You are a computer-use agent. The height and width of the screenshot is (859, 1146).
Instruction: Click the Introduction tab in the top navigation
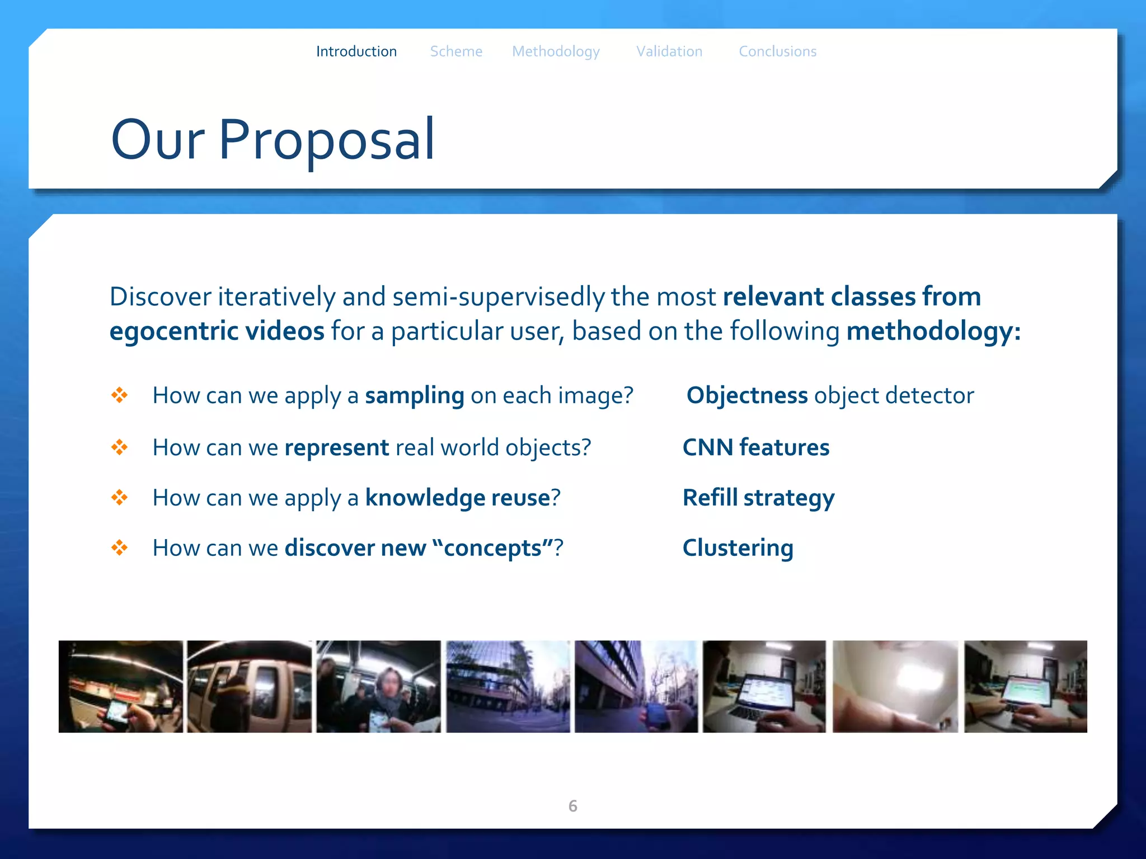[x=356, y=51]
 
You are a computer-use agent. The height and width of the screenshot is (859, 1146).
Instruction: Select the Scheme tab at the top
[x=455, y=51]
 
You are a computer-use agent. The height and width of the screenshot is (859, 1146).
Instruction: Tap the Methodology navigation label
[x=556, y=51]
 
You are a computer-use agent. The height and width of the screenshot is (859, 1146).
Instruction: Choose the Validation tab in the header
[x=669, y=51]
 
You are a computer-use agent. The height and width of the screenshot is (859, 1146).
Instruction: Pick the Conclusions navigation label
[x=777, y=51]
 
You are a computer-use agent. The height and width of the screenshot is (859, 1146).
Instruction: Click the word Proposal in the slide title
[x=326, y=140]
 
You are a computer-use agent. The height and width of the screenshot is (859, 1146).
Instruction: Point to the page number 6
[x=572, y=806]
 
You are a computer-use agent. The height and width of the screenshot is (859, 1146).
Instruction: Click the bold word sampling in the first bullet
[x=414, y=396]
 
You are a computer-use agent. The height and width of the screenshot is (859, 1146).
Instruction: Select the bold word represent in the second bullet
[x=336, y=447]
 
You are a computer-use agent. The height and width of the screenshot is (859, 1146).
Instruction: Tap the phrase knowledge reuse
[x=457, y=498]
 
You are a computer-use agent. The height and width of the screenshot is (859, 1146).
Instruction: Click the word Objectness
[x=746, y=395]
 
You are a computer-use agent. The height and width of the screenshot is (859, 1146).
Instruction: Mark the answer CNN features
[x=755, y=447]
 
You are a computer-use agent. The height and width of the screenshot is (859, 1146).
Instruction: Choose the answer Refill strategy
[x=758, y=498]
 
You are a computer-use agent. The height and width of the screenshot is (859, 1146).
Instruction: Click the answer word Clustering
[x=738, y=548]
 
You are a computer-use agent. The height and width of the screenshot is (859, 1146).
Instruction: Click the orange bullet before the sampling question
[x=119, y=395]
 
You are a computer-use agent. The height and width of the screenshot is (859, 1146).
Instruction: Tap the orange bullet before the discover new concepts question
[x=119, y=548]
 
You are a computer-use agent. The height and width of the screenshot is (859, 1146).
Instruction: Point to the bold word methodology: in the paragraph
[x=933, y=331]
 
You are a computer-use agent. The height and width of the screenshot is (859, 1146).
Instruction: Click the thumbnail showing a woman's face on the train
[x=379, y=686]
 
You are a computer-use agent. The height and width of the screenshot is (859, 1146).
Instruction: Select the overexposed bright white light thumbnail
[x=895, y=686]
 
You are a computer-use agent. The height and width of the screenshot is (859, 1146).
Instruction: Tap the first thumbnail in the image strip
[x=121, y=686]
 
